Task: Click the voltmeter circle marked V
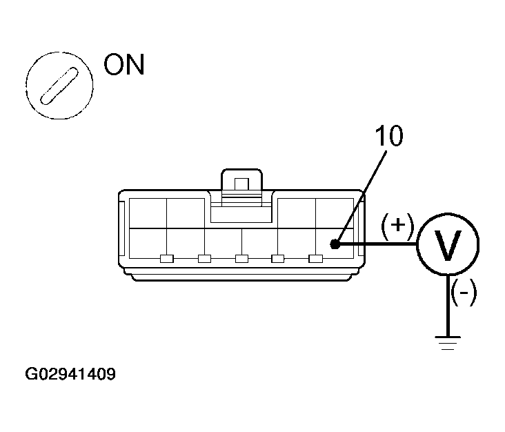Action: click(x=447, y=245)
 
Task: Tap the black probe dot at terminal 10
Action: click(x=334, y=244)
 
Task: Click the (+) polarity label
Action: click(x=397, y=225)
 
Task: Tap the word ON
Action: click(x=124, y=65)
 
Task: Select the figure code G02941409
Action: click(x=70, y=375)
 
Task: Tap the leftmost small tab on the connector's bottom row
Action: click(x=166, y=259)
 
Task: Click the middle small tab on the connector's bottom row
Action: click(x=241, y=259)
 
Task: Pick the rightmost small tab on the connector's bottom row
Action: click(x=315, y=259)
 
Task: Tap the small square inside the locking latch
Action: click(x=241, y=184)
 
